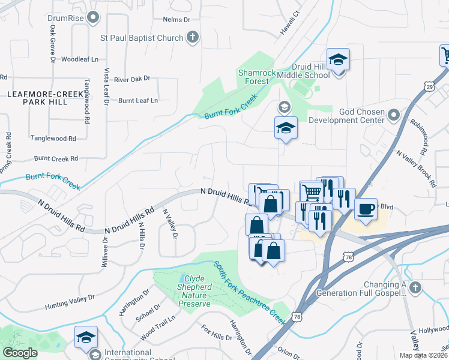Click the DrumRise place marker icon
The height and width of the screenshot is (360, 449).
pyautogui.click(x=92, y=18)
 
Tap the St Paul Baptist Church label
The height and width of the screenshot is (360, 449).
pyautogui.click(x=142, y=38)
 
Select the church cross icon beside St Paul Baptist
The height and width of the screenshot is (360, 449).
pyautogui.click(x=193, y=38)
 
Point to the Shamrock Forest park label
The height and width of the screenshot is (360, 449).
pyautogui.click(x=257, y=77)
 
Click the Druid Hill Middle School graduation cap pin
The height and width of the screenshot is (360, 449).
pyautogui.click(x=339, y=60)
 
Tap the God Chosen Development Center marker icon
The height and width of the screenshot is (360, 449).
pyautogui.click(x=393, y=113)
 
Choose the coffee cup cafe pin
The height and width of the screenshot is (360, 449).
pyautogui.click(x=366, y=209)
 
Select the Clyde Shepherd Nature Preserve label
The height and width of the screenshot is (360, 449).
pyautogui.click(x=197, y=291)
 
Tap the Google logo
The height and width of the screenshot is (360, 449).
pyautogui.click(x=20, y=353)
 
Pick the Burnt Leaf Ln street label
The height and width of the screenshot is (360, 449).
pyautogui.click(x=138, y=100)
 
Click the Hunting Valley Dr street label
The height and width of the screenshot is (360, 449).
pyautogui.click(x=70, y=302)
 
